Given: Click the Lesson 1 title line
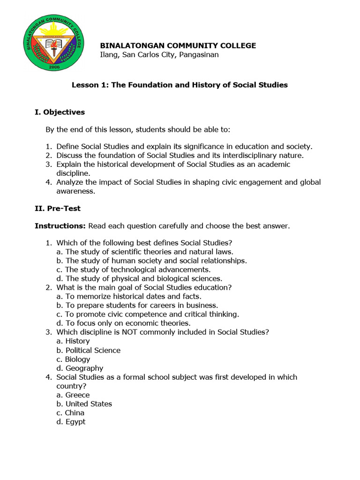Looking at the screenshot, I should tap(180, 85).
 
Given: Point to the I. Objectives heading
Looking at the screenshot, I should tap(60, 112).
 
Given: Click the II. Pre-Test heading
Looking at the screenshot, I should tap(58, 208).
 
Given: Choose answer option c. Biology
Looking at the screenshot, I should tap(73, 359).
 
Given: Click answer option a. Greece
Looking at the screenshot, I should tap(73, 395).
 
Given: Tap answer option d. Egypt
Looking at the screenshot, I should tap(71, 421).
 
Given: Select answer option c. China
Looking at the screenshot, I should tap(70, 412).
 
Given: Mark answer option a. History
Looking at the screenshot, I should tap(73, 341).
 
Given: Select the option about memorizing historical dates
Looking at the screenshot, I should tap(129, 296).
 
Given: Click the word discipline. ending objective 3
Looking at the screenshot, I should tap(74, 173).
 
